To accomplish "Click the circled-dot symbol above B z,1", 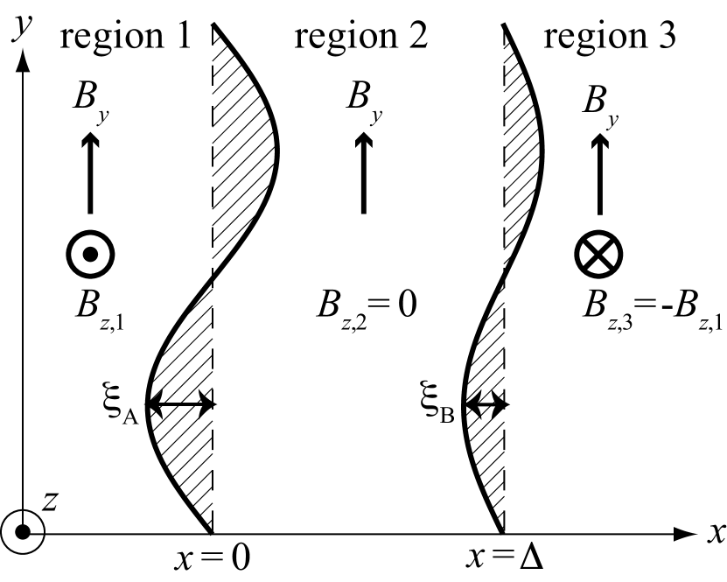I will (90, 254).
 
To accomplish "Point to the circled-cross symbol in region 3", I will (598, 254).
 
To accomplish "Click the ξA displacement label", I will (123, 404).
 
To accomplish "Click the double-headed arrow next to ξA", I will (180, 404).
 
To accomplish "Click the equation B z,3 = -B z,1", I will (652, 308).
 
